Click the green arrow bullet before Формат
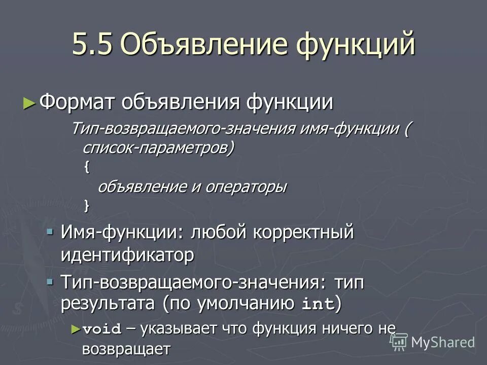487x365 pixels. point(30,103)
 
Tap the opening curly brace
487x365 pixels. point(85,167)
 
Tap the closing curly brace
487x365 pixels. point(85,205)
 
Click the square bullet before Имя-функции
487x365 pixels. point(50,232)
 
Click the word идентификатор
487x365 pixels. point(127,254)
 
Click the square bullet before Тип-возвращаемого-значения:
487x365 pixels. point(50,281)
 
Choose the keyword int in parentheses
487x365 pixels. point(318,305)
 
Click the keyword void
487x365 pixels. point(101,329)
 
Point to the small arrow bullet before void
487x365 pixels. point(76,328)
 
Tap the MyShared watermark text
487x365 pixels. point(443,342)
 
